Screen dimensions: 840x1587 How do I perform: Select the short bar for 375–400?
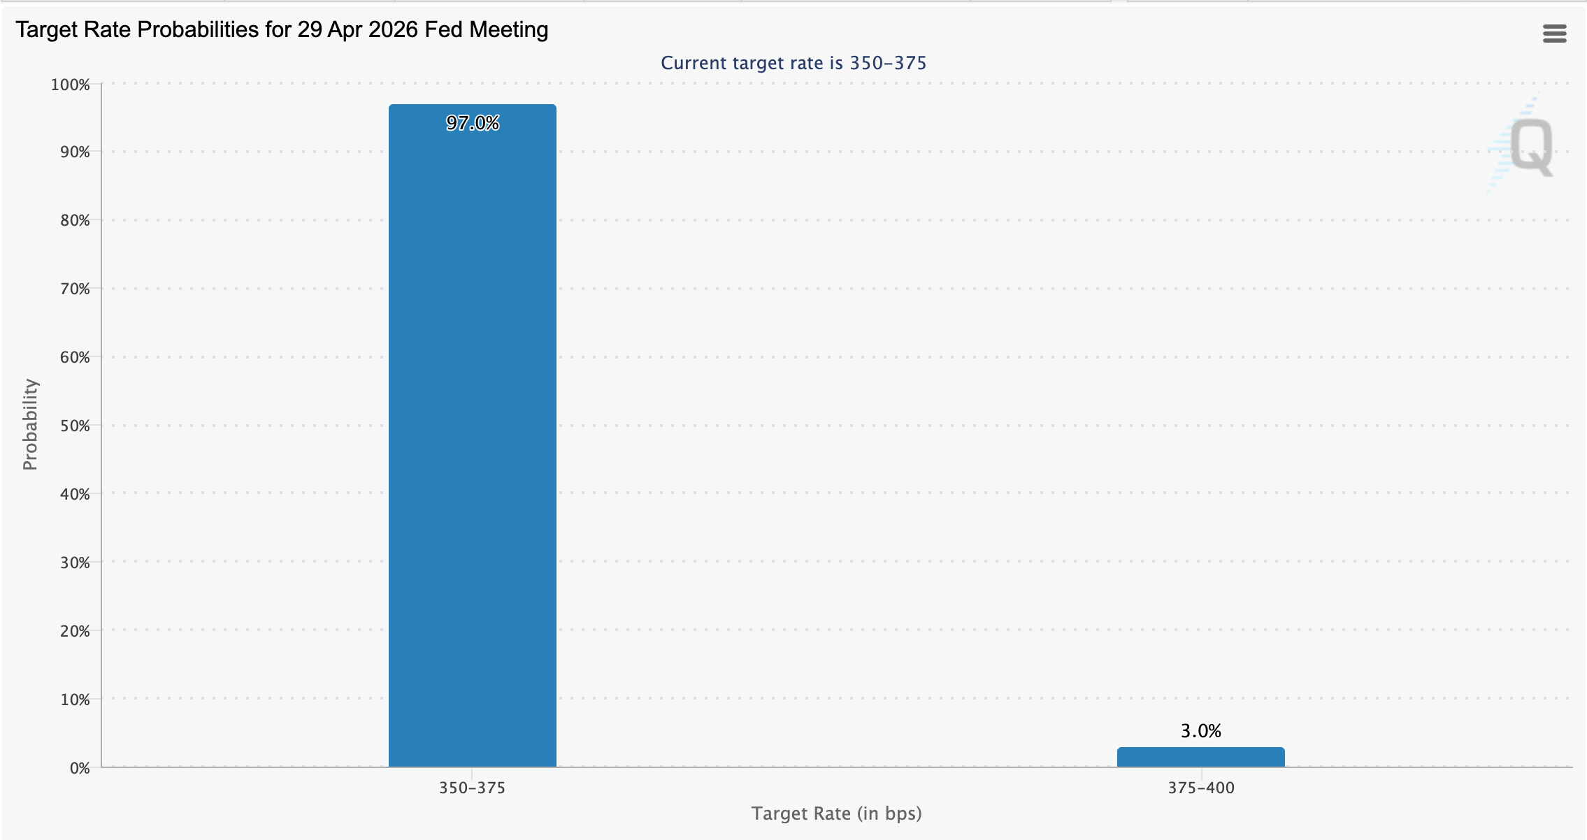point(1200,758)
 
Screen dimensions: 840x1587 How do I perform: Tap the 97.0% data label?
point(473,124)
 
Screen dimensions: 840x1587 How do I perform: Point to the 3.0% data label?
point(1200,731)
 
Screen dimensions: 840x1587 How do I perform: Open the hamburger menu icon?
point(1554,34)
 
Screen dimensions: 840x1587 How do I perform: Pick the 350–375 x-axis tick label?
point(472,788)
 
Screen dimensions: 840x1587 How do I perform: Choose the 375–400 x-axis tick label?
point(1200,788)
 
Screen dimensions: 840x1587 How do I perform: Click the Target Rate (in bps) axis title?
point(836,813)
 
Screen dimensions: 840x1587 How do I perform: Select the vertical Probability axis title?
point(30,424)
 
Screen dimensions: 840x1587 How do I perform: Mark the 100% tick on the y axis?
point(71,85)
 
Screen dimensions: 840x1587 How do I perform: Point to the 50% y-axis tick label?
point(75,426)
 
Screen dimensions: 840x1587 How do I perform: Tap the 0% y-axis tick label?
point(80,768)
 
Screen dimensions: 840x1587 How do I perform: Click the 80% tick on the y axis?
point(75,221)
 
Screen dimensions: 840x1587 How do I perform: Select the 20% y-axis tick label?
point(75,631)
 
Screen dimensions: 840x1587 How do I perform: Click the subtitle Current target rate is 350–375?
point(793,63)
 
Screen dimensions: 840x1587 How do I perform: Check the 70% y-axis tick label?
point(75,289)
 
